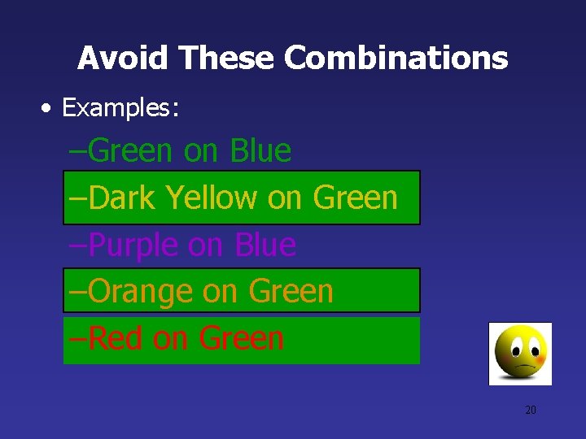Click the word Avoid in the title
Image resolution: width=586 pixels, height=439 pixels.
pyautogui.click(x=123, y=58)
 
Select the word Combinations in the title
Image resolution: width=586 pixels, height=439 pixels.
pyautogui.click(x=396, y=58)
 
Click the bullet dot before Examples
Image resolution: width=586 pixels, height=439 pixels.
pyautogui.click(x=50, y=108)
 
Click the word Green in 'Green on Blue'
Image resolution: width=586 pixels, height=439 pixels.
pyautogui.click(x=131, y=150)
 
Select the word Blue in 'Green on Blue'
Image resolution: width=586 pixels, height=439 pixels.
pyautogui.click(x=260, y=150)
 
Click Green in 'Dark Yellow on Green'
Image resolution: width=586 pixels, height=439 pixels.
pyautogui.click(x=355, y=198)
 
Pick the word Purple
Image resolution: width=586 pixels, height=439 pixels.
pyautogui.click(x=134, y=245)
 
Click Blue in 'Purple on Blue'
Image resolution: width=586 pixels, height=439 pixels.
pyautogui.click(x=265, y=245)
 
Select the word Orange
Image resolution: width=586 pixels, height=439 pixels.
pyautogui.click(x=140, y=291)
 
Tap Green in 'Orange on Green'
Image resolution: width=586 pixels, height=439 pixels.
pyautogui.click(x=291, y=291)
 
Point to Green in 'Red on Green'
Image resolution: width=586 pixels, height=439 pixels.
pyautogui.click(x=241, y=338)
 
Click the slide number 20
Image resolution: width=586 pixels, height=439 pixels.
pyautogui.click(x=530, y=410)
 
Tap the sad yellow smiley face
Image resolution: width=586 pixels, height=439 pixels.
pyautogui.click(x=520, y=354)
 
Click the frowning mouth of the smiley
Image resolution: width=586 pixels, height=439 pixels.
pyautogui.click(x=520, y=368)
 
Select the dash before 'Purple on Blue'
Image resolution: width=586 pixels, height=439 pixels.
pyautogui.click(x=78, y=245)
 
